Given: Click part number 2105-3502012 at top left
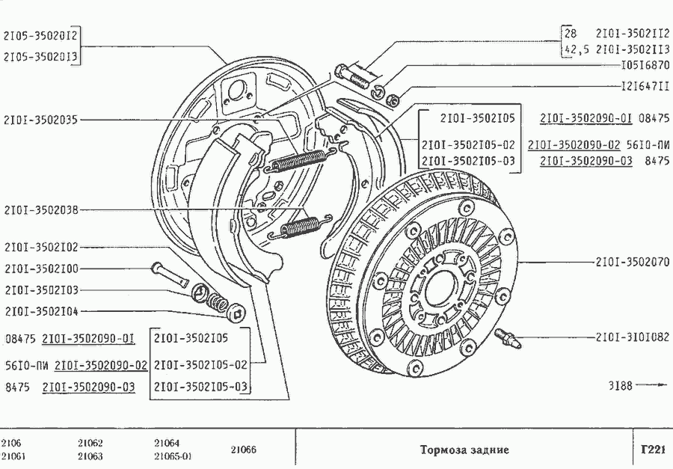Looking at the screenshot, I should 42,35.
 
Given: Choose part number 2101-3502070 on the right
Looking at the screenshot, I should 632,262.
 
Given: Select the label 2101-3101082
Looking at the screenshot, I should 632,337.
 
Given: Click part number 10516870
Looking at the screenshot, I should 645,65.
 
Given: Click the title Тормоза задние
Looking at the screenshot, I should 464,450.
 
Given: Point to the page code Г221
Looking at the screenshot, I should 653,450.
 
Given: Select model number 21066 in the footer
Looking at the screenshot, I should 242,450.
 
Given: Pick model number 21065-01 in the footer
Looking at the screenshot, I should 173,456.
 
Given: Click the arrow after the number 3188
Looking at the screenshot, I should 651,386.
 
